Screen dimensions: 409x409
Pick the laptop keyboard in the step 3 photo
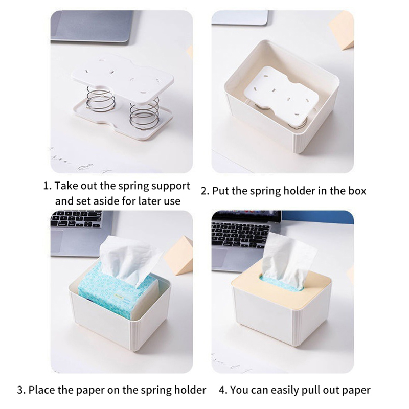pos(76,219)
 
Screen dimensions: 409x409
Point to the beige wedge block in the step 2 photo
pos(341,34)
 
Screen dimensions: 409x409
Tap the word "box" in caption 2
pos(357,191)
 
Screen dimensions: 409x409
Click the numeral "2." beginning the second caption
pos(205,191)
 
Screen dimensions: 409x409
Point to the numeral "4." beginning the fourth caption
pos(223,390)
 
